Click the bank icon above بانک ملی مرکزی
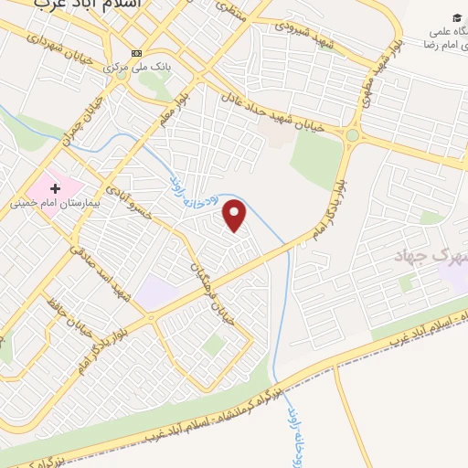(137, 52)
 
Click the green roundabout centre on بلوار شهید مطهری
(353, 135)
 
